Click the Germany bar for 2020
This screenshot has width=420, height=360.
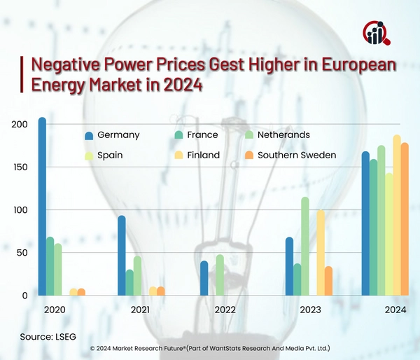tap(42, 207)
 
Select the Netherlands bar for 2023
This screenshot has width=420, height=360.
tap(305, 247)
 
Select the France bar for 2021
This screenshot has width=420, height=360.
tap(129, 282)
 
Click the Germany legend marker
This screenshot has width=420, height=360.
tap(89, 135)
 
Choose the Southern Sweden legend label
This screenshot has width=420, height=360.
tap(297, 155)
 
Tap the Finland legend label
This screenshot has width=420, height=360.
tap(203, 155)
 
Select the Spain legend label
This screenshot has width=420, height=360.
tap(111, 155)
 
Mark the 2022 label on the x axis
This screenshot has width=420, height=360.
tap(225, 309)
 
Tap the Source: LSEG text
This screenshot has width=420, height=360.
tap(51, 337)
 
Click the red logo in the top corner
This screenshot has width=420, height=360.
tap(377, 32)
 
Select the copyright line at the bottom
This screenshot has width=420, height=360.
tap(210, 348)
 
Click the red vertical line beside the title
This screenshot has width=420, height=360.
tap(22, 76)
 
